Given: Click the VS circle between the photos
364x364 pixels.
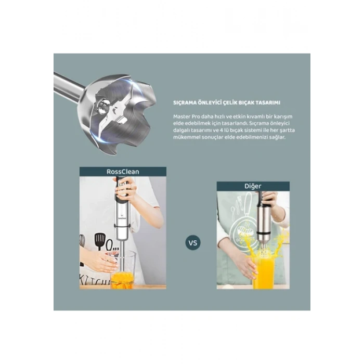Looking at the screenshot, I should point(192,242).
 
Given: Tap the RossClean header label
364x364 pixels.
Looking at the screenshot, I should point(123,171).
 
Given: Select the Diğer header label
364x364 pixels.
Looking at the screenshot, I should point(253,186).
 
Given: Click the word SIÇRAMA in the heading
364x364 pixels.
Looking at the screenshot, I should point(186,103).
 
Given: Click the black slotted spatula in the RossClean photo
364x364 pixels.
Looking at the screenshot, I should point(99,241).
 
